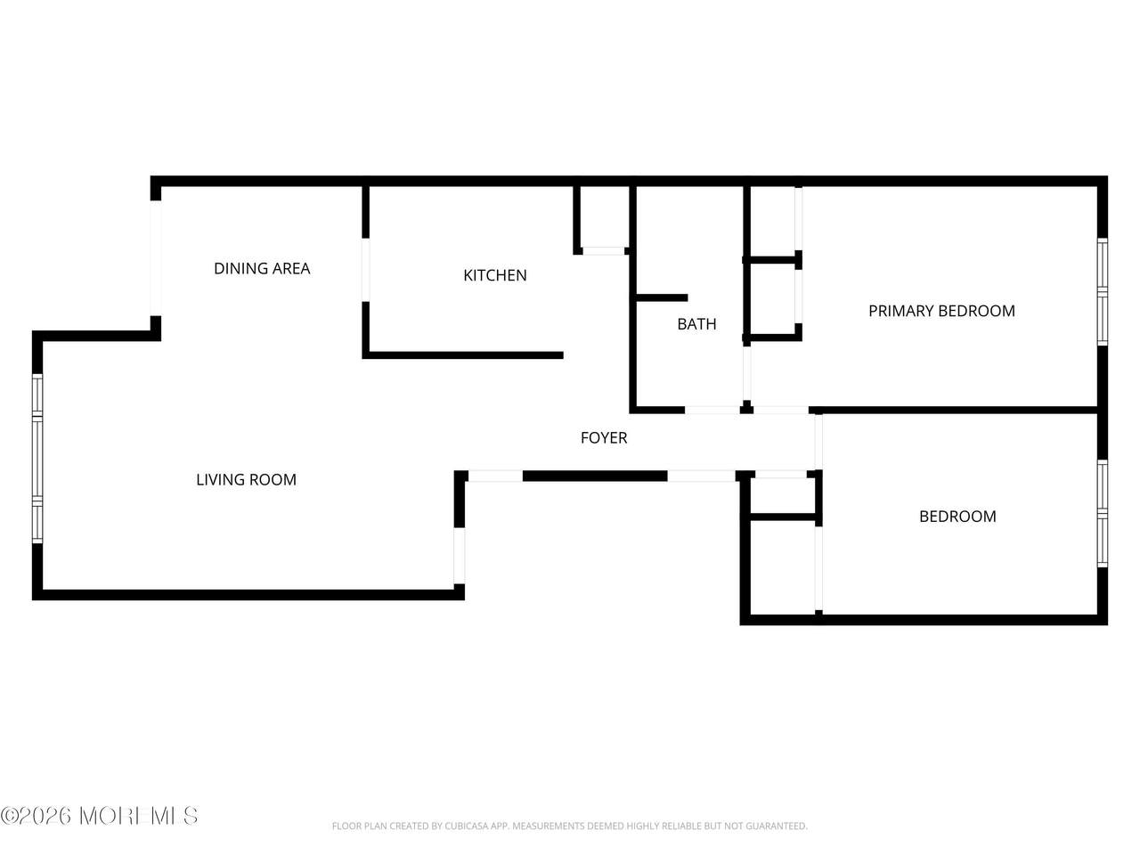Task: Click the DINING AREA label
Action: (x=262, y=268)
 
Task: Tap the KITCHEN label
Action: (x=495, y=275)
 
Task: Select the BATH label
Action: (x=696, y=324)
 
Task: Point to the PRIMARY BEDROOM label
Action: (x=941, y=311)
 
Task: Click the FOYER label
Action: (x=604, y=437)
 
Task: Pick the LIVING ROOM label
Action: (x=246, y=479)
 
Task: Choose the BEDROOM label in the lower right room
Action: (x=957, y=516)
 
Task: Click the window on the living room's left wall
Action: (x=37, y=458)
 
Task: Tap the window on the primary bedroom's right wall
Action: (x=1102, y=292)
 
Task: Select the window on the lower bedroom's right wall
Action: (x=1102, y=513)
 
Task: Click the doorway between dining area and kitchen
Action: (x=366, y=270)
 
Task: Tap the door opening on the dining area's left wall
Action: (x=155, y=258)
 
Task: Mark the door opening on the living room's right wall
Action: (x=459, y=556)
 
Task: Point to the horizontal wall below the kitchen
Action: (x=463, y=355)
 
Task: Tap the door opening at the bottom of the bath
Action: (x=712, y=410)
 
